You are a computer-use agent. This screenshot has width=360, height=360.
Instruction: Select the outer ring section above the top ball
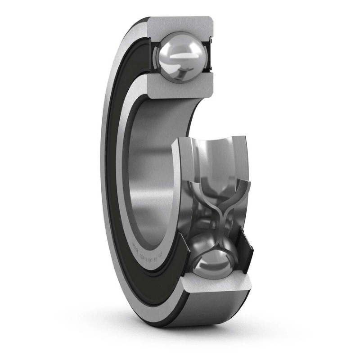tap(180, 25)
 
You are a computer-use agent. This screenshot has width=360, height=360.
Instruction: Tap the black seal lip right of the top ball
tap(210, 56)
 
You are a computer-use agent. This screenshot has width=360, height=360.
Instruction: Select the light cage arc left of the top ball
tap(156, 56)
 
